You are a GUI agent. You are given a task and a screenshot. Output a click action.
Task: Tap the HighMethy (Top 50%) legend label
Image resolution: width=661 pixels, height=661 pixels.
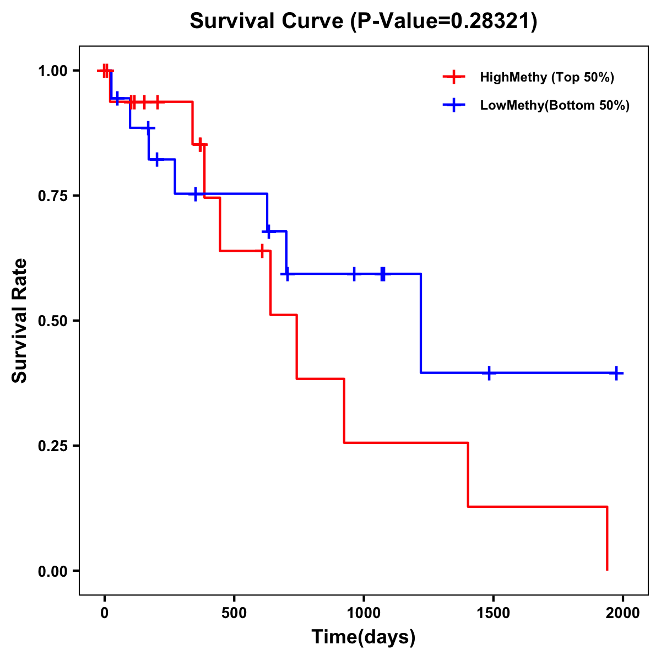547,77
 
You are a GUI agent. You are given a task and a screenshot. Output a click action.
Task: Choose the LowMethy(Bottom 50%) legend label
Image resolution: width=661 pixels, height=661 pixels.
555,105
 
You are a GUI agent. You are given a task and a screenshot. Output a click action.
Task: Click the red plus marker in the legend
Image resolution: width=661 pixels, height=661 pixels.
454,77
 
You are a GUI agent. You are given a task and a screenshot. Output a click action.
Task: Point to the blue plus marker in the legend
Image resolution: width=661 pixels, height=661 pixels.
454,105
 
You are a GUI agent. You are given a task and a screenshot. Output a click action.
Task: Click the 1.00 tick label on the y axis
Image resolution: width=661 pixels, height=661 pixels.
52,71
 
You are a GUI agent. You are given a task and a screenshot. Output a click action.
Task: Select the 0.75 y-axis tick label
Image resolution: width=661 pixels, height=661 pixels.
52,196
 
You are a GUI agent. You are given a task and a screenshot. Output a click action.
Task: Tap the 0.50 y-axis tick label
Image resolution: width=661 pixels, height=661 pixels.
52,321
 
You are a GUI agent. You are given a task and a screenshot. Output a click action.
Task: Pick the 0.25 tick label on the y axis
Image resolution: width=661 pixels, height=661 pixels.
52,446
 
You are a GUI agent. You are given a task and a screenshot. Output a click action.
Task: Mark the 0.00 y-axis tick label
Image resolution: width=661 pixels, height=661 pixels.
52,571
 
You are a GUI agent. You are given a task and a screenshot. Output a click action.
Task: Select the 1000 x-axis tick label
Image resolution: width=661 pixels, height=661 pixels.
364,613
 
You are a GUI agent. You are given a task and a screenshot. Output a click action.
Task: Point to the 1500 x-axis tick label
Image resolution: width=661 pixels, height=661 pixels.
493,613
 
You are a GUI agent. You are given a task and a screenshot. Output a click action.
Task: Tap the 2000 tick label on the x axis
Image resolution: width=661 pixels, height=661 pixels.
623,613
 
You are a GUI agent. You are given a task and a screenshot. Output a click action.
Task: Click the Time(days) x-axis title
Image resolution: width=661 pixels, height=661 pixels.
364,637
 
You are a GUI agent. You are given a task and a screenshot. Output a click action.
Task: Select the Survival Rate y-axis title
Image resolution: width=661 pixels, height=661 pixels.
20,321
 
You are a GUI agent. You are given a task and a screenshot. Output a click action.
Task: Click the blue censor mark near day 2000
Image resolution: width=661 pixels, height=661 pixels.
616,373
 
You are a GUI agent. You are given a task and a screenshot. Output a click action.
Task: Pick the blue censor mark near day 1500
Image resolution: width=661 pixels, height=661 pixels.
489,373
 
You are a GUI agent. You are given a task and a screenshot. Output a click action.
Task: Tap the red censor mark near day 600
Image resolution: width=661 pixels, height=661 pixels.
262,251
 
